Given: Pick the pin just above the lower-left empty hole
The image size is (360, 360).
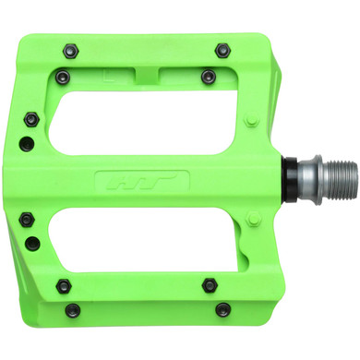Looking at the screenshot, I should [28, 219].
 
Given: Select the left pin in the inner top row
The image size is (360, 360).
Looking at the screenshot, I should [63, 78].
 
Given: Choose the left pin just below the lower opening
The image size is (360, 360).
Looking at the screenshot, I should [63, 282].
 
